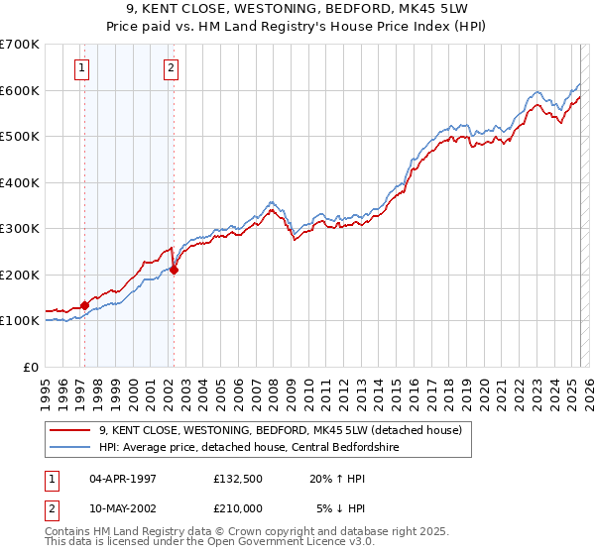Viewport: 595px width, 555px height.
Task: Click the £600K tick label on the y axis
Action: (x=20, y=90)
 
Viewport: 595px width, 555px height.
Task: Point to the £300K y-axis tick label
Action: (x=20, y=229)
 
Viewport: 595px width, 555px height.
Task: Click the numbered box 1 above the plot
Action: (x=80, y=68)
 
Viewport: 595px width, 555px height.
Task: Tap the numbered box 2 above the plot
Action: (x=172, y=68)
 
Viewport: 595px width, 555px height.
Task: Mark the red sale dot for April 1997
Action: (x=84, y=305)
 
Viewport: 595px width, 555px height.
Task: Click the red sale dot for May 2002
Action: (x=174, y=270)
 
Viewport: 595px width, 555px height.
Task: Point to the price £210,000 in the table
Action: (x=239, y=508)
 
